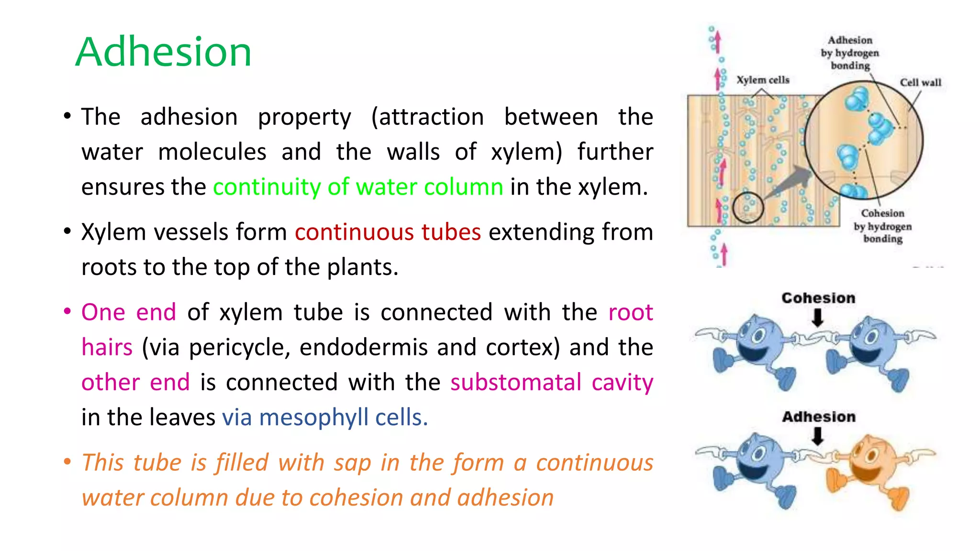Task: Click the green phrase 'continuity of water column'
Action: (x=357, y=187)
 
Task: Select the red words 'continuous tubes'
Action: (x=388, y=232)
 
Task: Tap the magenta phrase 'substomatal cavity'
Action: (x=551, y=382)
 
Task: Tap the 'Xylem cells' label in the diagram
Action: (x=762, y=80)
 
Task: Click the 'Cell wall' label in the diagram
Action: (x=920, y=82)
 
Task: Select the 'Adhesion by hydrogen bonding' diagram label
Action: (x=850, y=53)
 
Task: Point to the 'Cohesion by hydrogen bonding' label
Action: (x=882, y=226)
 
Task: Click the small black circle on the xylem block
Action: (x=748, y=207)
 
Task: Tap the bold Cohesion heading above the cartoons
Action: (x=818, y=298)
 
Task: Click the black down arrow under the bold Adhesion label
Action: (x=818, y=436)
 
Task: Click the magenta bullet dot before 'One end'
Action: (x=67, y=312)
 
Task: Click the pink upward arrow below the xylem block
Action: (x=724, y=254)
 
